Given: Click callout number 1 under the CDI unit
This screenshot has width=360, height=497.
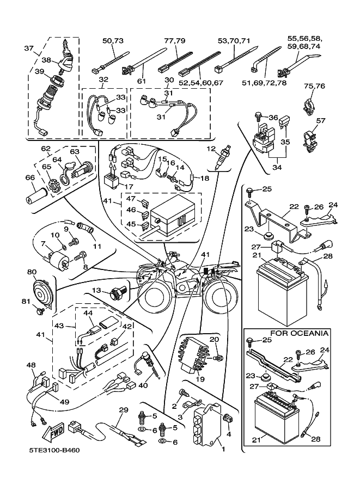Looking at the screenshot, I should pos(222,450).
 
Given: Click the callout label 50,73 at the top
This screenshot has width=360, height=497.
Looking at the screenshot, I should pos(113,40).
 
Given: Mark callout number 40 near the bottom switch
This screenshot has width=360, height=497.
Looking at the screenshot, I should pos(143,385).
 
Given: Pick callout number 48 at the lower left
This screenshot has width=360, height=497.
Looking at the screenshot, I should pos(30,365).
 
